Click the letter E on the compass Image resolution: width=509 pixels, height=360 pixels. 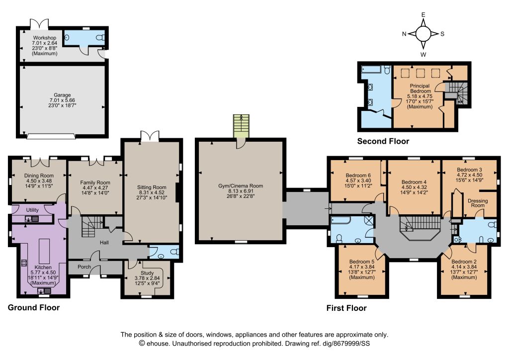click(424, 14)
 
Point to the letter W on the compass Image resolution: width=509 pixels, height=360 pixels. click(424, 55)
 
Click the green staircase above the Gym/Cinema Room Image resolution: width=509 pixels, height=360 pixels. click(241, 126)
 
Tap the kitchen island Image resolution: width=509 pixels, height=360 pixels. click(44, 252)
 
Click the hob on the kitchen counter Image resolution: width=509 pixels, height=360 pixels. click(24, 263)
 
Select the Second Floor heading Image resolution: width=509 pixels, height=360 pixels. click(383, 141)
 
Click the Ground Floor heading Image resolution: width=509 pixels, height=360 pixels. click(34, 307)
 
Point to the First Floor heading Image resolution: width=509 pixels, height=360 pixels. click(346, 308)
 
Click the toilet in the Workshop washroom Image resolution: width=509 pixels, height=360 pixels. click(101, 37)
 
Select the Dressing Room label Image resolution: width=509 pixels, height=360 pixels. click(478, 203)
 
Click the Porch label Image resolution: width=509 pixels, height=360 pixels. click(85, 267)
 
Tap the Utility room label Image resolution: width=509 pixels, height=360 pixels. click(32, 210)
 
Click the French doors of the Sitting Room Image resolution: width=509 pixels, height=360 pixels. click(150, 136)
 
